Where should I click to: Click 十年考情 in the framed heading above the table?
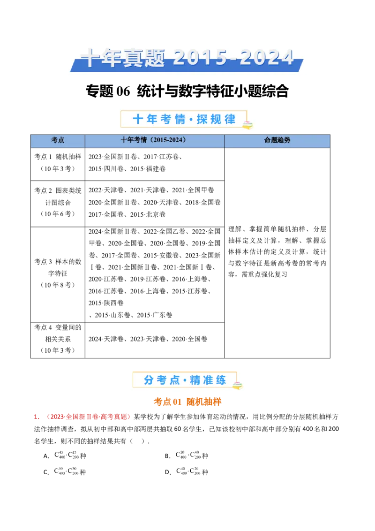pos(159,119)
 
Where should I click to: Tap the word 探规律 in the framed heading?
pos(216,119)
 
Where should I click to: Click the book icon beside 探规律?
pos(247,124)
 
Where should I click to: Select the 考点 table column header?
pos(58,140)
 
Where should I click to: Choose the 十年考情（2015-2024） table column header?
pos(154,140)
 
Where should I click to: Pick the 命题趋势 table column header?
pos(277,140)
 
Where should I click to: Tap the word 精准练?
pos(208,380)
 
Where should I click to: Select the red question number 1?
pos(36,417)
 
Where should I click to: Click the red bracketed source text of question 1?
pos(88,417)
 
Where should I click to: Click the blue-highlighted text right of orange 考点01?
pos(204,402)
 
